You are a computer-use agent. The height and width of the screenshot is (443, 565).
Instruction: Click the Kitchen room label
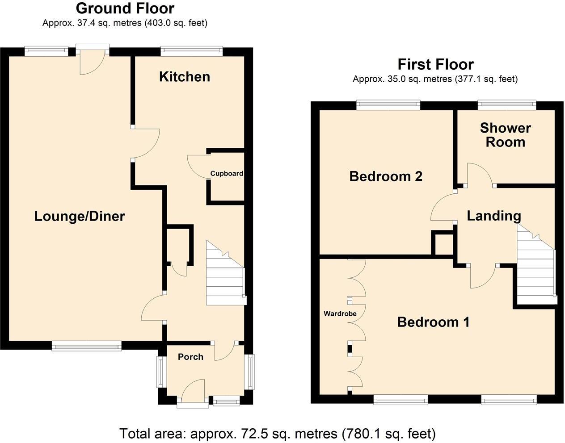tap(184, 77)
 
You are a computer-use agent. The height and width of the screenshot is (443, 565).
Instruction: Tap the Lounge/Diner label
tap(80, 217)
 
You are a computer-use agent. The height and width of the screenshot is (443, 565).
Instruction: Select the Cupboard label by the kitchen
tap(227, 174)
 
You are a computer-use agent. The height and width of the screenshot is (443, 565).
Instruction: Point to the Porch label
tap(190, 357)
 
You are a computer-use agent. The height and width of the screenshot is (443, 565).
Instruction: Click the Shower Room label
tap(505, 135)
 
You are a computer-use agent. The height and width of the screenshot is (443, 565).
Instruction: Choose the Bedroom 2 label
tap(385, 176)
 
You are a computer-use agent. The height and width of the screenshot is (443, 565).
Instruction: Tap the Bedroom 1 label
tap(433, 322)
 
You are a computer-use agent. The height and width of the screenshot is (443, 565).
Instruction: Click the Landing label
tap(493, 216)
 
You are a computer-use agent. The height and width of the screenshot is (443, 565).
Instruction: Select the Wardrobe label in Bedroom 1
tap(340, 314)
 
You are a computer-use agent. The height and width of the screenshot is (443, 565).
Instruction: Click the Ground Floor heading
tap(125, 8)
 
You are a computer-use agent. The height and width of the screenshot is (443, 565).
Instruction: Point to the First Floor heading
tap(435, 64)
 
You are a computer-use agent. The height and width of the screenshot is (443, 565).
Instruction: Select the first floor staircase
tap(535, 266)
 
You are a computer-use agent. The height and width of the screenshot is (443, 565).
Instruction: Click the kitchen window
tap(192, 51)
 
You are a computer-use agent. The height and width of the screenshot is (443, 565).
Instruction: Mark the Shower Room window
tap(506, 105)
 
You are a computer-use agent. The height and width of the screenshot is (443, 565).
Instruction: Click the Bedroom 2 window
tap(388, 105)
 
